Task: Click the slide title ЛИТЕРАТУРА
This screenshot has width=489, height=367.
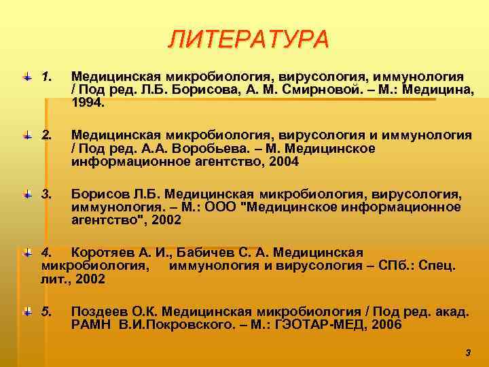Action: (x=248, y=39)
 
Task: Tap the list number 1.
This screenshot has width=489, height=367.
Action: (x=47, y=78)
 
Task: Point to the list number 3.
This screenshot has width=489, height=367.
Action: (x=47, y=194)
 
